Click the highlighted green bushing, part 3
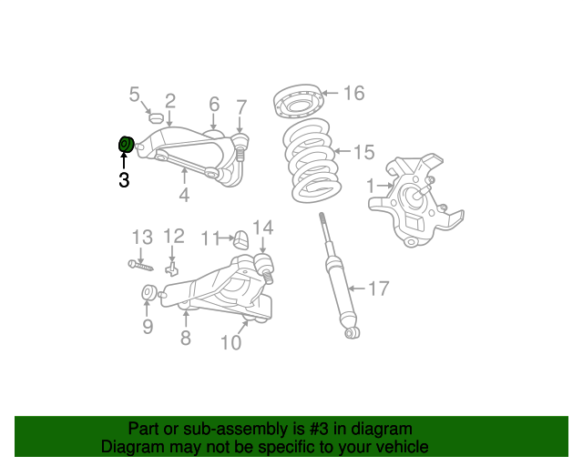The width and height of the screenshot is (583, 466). [x=125, y=144]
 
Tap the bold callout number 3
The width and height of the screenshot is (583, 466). [x=124, y=180]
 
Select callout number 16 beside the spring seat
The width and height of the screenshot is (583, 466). [x=353, y=93]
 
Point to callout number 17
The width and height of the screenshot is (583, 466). [x=378, y=289]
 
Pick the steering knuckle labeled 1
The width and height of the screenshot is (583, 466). [x=412, y=200]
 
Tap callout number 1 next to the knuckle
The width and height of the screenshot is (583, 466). [x=371, y=186]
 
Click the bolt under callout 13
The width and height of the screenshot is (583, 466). [x=140, y=265]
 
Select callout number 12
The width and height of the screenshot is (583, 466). [x=173, y=237]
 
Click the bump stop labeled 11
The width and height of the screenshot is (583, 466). [x=241, y=239]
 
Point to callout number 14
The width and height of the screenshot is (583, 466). [x=262, y=228]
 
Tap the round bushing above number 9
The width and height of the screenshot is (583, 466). [x=148, y=293]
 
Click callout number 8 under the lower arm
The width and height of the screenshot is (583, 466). [x=185, y=339]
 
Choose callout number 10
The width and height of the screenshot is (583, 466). [x=230, y=342]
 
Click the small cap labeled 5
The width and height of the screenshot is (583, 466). [x=154, y=118]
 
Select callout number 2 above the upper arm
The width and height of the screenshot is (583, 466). [x=170, y=100]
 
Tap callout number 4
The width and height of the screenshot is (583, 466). [x=183, y=196]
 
